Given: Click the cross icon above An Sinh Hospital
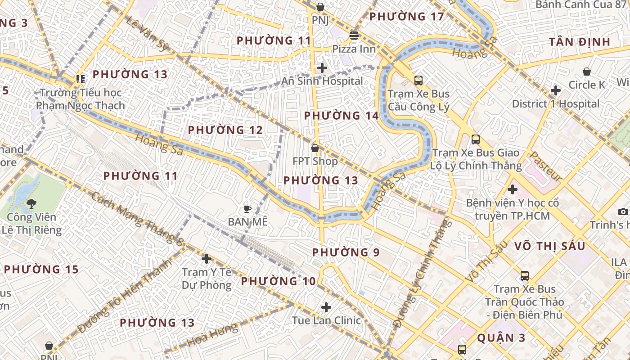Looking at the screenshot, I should click(x=322, y=68).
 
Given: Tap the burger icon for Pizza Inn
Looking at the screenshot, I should click(x=355, y=35).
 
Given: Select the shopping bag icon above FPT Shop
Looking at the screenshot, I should click(x=315, y=148).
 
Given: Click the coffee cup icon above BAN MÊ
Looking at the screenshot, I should click(x=247, y=208).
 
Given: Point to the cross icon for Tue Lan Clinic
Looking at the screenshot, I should click(x=326, y=307).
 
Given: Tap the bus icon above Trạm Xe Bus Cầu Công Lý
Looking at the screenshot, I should click(x=418, y=81).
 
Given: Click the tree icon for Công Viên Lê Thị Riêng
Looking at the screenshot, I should click(x=31, y=204).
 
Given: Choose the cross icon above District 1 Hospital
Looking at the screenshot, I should click(x=556, y=90).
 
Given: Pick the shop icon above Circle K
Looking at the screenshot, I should click(x=587, y=72).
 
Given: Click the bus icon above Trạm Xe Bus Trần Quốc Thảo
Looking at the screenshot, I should click(x=524, y=276).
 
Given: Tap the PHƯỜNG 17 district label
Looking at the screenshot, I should click(x=406, y=17).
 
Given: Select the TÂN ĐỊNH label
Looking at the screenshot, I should click(x=580, y=42).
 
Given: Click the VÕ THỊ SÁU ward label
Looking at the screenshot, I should click(x=550, y=246).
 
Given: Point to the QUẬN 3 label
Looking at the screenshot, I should click(x=502, y=337).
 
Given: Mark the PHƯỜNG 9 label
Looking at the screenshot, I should click(x=346, y=252).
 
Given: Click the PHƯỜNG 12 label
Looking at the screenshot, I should click(x=225, y=130).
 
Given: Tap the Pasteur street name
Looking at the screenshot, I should click(x=545, y=166).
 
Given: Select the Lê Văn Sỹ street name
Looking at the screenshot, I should click(x=147, y=34).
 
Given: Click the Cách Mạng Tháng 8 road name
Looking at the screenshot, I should click(x=137, y=219).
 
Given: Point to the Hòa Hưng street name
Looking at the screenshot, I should click(x=212, y=335).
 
